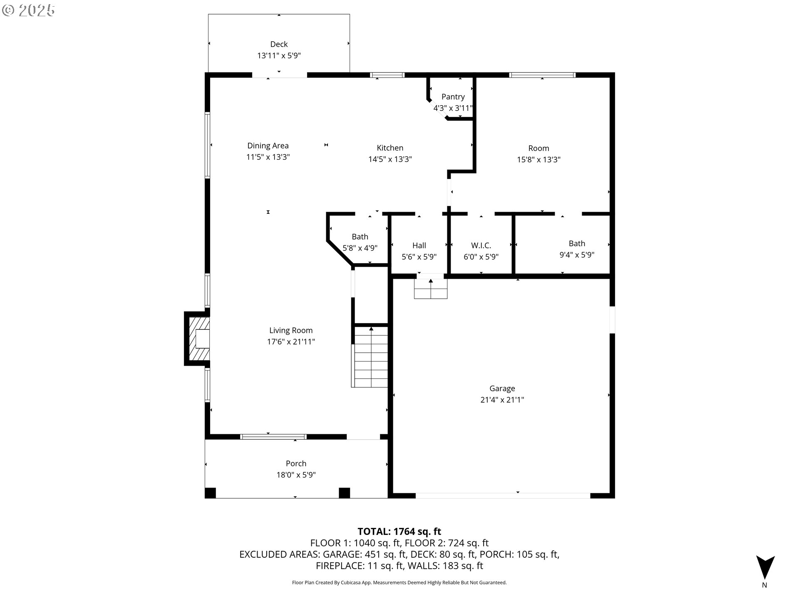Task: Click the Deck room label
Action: [x=279, y=44]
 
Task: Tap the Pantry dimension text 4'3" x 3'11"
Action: [x=453, y=108]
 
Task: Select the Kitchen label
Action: [x=390, y=148]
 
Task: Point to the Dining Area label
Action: [x=268, y=146]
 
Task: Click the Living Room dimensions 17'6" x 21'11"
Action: [x=291, y=342]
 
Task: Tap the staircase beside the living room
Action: [x=370, y=358]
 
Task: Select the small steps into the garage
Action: [x=430, y=289]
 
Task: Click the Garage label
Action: [x=502, y=389]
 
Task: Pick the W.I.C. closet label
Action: [x=481, y=245]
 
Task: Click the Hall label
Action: [x=419, y=245]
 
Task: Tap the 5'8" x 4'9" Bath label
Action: [x=360, y=237]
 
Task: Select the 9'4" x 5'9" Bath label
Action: [x=577, y=243]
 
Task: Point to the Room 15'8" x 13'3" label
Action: [x=538, y=148]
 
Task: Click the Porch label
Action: [x=296, y=463]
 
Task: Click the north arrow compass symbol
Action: [x=765, y=568]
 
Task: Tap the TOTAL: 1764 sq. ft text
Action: [x=399, y=531]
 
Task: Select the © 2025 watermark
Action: [x=28, y=10]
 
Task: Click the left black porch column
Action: [x=211, y=493]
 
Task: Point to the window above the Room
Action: [x=542, y=75]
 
